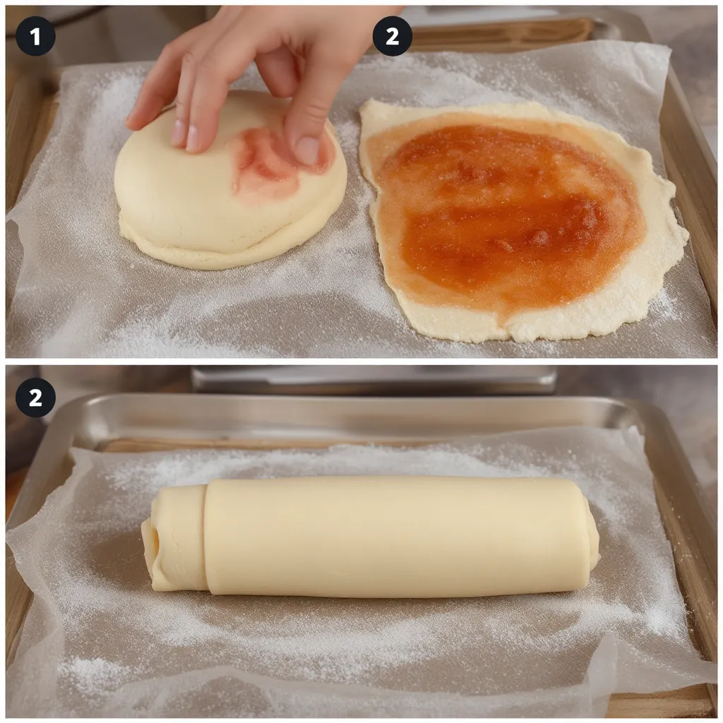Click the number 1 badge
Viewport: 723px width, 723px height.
pos(35,36)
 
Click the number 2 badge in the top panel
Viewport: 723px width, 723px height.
pos(392,36)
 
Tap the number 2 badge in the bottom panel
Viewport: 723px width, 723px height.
pos(35,398)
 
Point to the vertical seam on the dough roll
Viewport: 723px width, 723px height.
pos(205,537)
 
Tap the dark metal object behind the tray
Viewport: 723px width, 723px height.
pos(374,379)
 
